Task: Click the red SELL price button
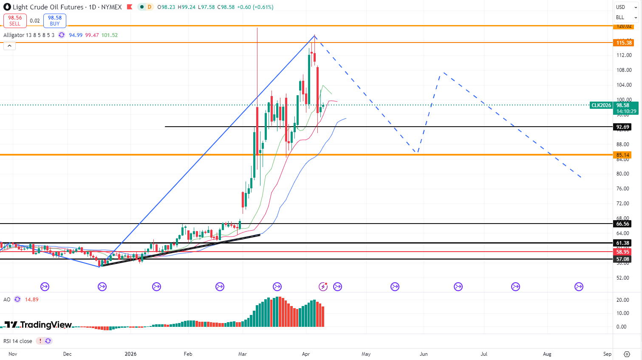pyautogui.click(x=15, y=20)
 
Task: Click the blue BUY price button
pyautogui.click(x=55, y=20)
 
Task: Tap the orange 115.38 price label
pyautogui.click(x=624, y=43)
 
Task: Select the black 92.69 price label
pyautogui.click(x=622, y=127)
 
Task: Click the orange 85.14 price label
pyautogui.click(x=622, y=155)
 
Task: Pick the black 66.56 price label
pyautogui.click(x=622, y=224)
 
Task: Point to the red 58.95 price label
pyautogui.click(x=622, y=252)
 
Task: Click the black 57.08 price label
pyautogui.click(x=622, y=259)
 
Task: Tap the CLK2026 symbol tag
pyautogui.click(x=601, y=105)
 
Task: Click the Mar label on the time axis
pyautogui.click(x=243, y=354)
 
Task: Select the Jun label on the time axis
pyautogui.click(x=424, y=354)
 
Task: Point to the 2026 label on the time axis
pyautogui.click(x=130, y=354)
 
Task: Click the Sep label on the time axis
pyautogui.click(x=607, y=354)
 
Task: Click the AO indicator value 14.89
pyautogui.click(x=31, y=300)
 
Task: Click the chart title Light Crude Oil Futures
pyautogui.click(x=48, y=7)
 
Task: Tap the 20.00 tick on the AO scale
pyautogui.click(x=622, y=300)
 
